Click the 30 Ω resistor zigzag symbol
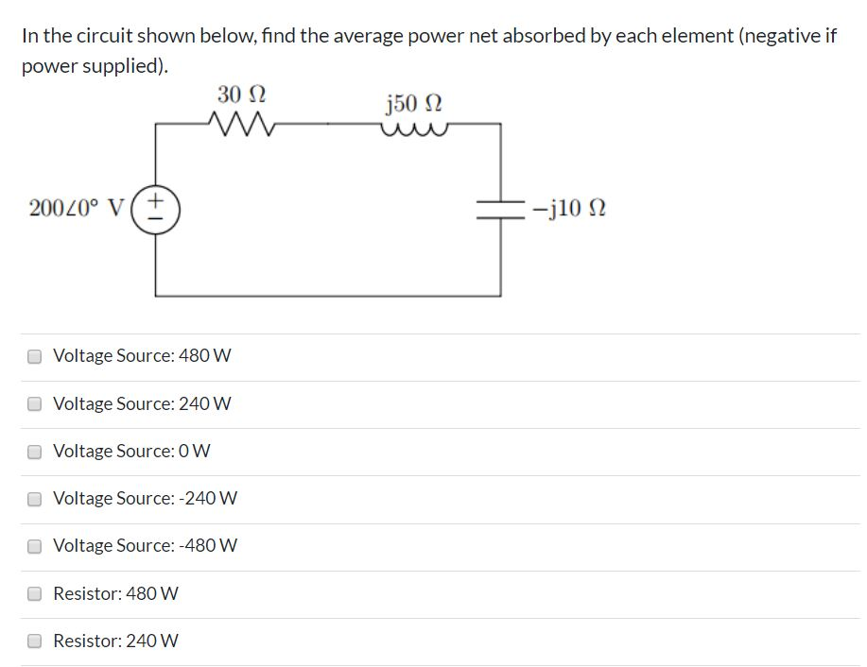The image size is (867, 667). point(240,123)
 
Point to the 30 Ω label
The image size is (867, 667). point(241,94)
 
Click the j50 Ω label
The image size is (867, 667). point(414,101)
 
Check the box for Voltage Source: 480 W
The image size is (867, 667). point(35,357)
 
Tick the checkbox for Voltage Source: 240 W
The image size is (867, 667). point(35,404)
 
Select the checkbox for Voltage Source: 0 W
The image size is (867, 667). point(35,452)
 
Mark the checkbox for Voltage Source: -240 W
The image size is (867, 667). point(35,499)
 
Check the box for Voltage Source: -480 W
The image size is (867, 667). point(35,546)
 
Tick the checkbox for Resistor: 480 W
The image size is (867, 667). point(35,594)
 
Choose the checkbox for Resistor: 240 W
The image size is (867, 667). point(35,641)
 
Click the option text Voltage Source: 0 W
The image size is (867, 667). point(131,452)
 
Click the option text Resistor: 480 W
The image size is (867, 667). point(115,594)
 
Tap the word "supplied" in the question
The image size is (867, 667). point(121,69)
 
